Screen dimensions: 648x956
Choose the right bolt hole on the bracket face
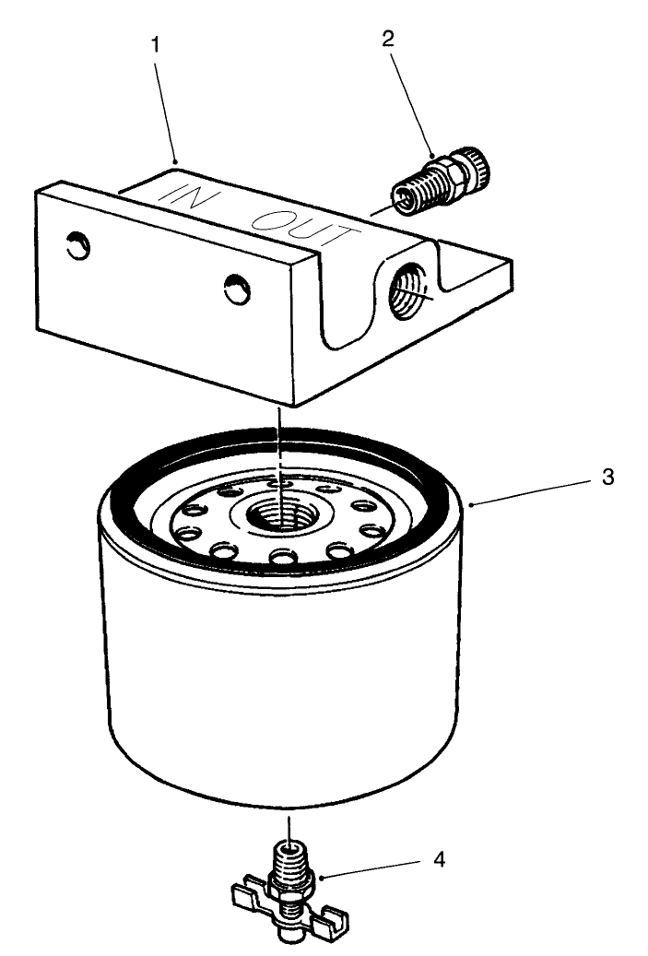(x=237, y=290)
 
